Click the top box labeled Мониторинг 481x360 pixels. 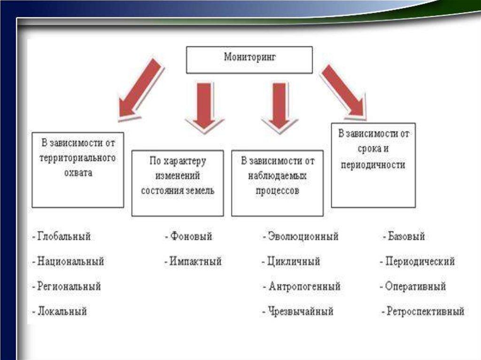point(249,60)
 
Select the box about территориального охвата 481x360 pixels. point(78,170)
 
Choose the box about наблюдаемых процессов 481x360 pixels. point(277,183)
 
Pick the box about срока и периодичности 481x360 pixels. point(373,165)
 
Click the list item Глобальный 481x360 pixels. point(64,237)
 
